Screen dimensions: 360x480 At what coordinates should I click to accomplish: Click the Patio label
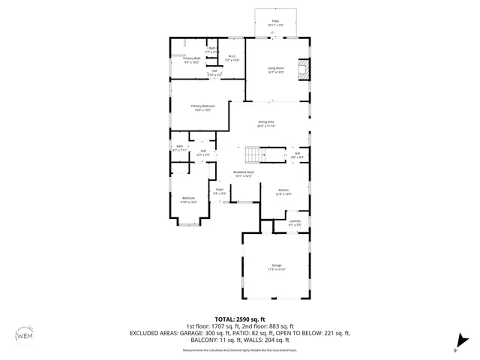coord(276,22)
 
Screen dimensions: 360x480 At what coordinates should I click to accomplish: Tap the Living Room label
coord(276,70)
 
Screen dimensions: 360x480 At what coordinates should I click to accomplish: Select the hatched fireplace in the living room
coord(303,70)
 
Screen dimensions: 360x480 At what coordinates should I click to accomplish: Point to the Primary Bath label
coord(192,59)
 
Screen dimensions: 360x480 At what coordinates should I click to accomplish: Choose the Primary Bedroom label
coord(202,108)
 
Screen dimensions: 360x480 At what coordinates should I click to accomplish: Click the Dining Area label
coord(267,123)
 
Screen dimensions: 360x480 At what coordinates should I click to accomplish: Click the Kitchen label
coord(283,191)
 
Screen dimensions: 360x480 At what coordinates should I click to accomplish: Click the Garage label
coord(276,267)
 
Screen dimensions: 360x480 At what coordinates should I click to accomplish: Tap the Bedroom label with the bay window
coord(188,199)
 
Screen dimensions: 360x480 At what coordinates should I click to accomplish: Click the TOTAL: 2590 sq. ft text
coord(239,319)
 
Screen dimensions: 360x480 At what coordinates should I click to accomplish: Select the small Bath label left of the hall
coord(180,148)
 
